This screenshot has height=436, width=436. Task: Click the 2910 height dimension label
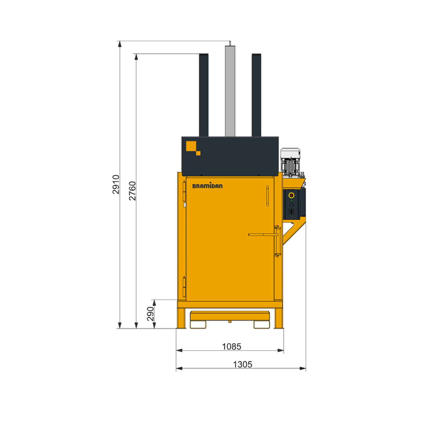[116, 185]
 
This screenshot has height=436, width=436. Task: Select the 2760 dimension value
[132, 191]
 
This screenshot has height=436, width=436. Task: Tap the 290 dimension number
[150, 314]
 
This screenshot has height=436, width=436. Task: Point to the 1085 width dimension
[231, 346]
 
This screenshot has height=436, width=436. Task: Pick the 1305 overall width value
[243, 364]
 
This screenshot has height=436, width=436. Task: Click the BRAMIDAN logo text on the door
[207, 186]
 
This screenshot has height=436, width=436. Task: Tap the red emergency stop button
[291, 195]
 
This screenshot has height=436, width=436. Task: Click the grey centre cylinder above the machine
[230, 91]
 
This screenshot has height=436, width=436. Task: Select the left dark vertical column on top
[203, 95]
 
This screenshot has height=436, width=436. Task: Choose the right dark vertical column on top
[257, 95]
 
